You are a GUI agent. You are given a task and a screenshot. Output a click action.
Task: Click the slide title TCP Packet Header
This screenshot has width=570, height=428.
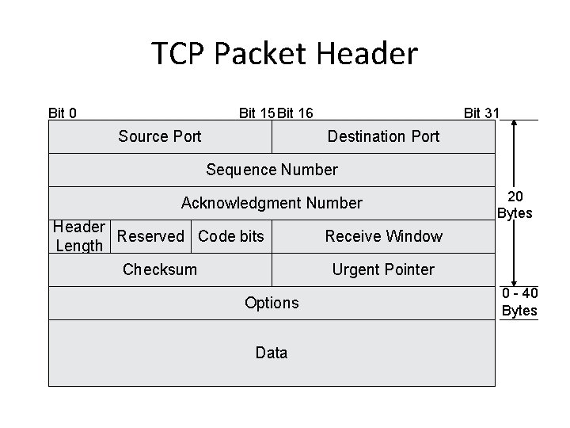pyautogui.click(x=284, y=54)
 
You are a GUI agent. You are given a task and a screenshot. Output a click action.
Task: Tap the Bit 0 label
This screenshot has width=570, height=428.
pyautogui.click(x=63, y=113)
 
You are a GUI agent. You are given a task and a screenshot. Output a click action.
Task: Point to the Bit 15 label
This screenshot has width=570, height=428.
pyautogui.click(x=257, y=113)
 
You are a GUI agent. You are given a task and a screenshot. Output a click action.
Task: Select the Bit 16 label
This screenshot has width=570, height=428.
pyautogui.click(x=295, y=113)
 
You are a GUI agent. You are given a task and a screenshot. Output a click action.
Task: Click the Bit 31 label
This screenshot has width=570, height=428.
pyautogui.click(x=481, y=113)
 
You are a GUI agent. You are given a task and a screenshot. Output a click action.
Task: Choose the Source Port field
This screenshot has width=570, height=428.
pyautogui.click(x=160, y=136)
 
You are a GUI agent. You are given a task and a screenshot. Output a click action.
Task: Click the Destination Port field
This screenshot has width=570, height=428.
pyautogui.click(x=383, y=136)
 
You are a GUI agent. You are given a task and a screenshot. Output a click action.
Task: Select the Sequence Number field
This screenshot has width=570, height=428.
pyautogui.click(x=272, y=170)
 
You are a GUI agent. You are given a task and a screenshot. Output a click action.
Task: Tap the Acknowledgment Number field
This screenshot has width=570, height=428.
pyautogui.click(x=272, y=203)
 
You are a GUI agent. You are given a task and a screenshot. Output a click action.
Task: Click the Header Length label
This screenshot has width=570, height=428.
pyautogui.click(x=78, y=236)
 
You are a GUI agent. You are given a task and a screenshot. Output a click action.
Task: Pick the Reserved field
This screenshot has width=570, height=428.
pyautogui.click(x=150, y=236)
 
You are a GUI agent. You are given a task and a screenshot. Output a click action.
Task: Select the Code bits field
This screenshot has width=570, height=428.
pyautogui.click(x=231, y=236)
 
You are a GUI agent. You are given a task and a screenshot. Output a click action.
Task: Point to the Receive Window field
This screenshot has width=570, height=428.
pyautogui.click(x=383, y=236)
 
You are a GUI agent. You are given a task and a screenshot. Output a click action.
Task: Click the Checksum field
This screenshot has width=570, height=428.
pyautogui.click(x=160, y=269)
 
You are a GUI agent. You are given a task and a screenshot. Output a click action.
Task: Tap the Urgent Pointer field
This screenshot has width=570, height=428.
pyautogui.click(x=383, y=269)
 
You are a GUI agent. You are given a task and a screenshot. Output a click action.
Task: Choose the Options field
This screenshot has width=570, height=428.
pyautogui.click(x=272, y=303)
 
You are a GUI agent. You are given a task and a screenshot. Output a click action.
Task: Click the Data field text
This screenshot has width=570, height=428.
pyautogui.click(x=272, y=353)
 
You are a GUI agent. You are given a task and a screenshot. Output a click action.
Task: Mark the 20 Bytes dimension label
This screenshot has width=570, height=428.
pyautogui.click(x=515, y=204)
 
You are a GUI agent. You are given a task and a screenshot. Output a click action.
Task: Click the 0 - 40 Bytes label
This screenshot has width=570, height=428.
pyautogui.click(x=519, y=302)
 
